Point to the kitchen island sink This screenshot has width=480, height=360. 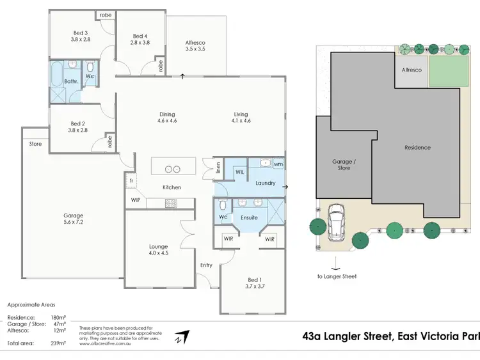(x=173, y=169)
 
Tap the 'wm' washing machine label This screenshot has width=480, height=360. (x=278, y=164)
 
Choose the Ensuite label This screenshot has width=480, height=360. (x=248, y=217)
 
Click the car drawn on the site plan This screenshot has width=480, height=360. (x=335, y=221)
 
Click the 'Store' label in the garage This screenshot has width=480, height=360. (x=35, y=145)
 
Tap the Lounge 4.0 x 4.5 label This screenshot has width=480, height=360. (x=158, y=250)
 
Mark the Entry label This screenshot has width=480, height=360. (x=206, y=265)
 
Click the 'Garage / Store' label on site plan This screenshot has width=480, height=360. (x=344, y=165)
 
